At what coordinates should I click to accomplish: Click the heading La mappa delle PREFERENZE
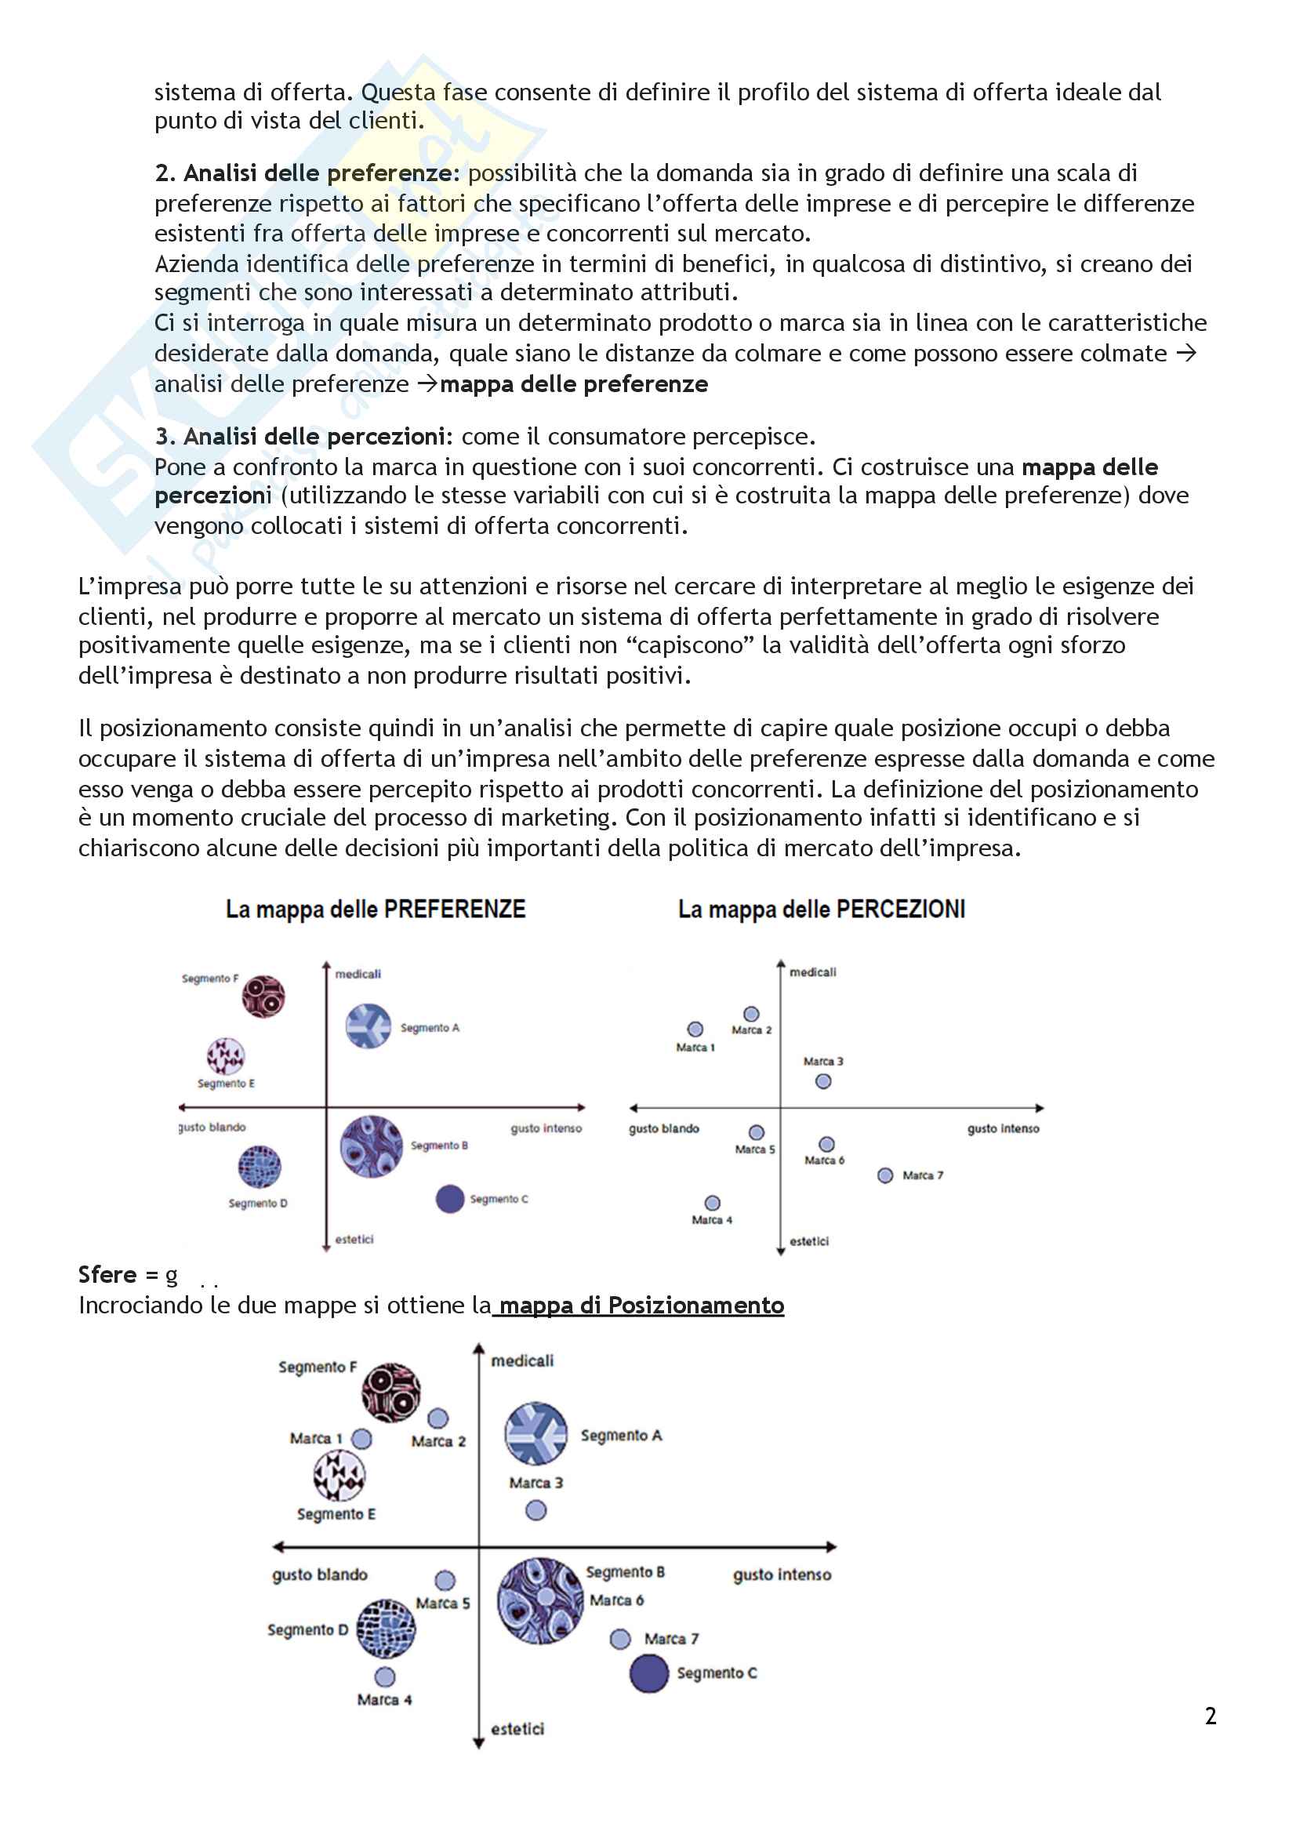pyautogui.click(x=376, y=909)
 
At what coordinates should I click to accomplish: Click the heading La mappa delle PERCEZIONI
pyautogui.click(x=821, y=909)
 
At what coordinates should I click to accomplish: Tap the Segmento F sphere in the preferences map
pyautogui.click(x=263, y=997)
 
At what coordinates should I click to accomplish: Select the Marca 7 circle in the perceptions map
pyautogui.click(x=884, y=1176)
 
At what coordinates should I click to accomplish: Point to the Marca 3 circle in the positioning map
pyautogui.click(x=535, y=1510)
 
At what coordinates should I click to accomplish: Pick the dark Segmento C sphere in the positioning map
pyautogui.click(x=648, y=1673)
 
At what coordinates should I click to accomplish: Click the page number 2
pyautogui.click(x=1211, y=1716)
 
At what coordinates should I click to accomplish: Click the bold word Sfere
pyautogui.click(x=107, y=1275)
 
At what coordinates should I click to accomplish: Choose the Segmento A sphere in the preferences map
pyautogui.click(x=368, y=1026)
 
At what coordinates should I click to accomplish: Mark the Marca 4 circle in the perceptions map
pyautogui.click(x=712, y=1203)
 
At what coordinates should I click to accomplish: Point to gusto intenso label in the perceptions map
pyautogui.click(x=1003, y=1128)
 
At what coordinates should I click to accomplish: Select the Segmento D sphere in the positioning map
pyautogui.click(x=386, y=1629)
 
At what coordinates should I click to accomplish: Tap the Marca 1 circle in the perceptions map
pyautogui.click(x=695, y=1030)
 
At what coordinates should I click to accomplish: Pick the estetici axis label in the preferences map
pyautogui.click(x=354, y=1239)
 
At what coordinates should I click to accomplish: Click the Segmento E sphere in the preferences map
pyautogui.click(x=226, y=1056)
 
